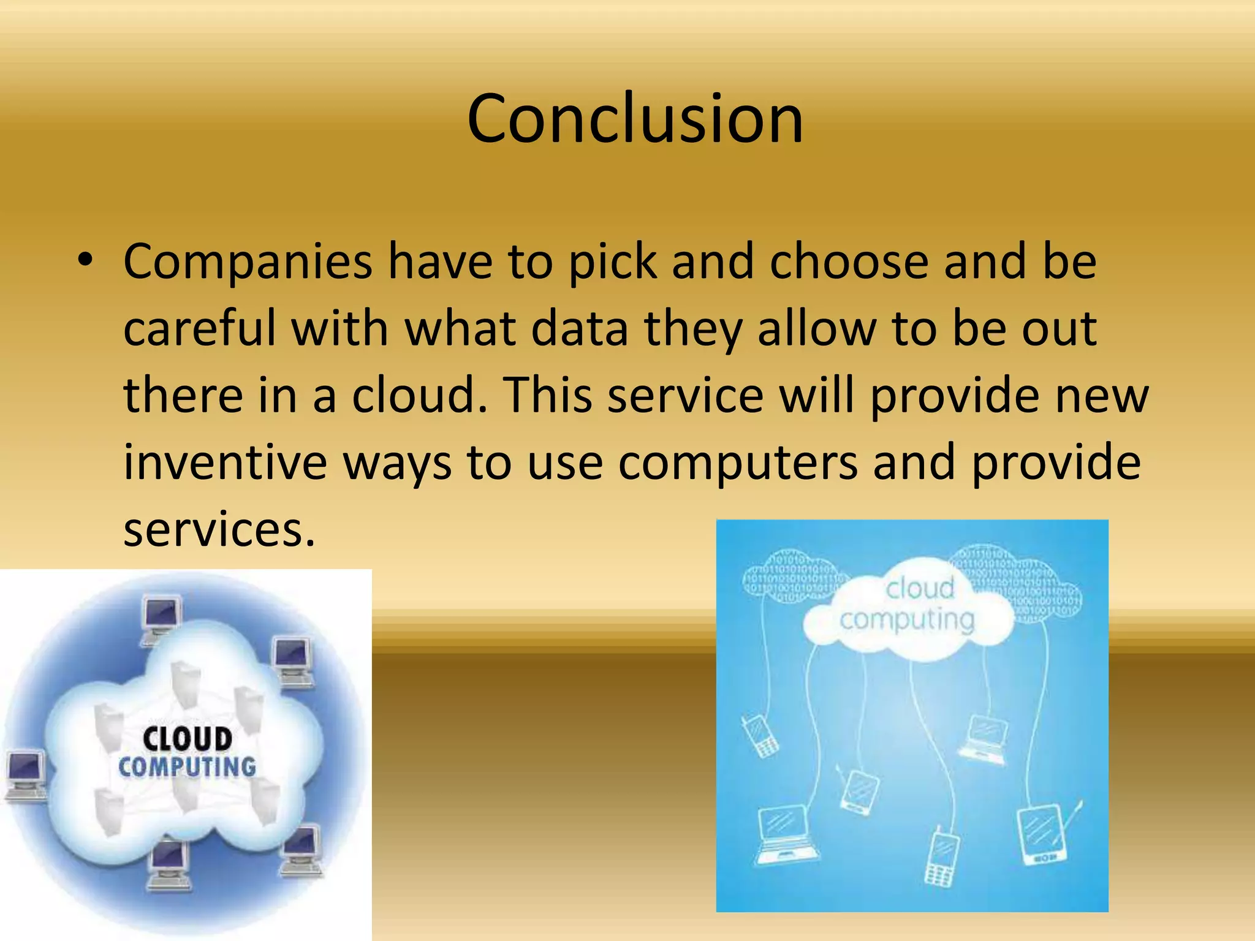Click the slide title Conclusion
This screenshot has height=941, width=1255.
634,119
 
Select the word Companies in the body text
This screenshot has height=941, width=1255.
248,262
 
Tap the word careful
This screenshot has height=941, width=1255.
200,328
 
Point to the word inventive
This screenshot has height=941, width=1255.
226,462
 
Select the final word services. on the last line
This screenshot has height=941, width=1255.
219,529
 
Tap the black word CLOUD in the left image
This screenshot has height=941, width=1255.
188,739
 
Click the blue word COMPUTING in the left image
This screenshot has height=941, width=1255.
187,767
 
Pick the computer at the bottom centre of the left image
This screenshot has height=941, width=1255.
168,864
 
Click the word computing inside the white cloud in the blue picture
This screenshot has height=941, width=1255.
907,620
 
